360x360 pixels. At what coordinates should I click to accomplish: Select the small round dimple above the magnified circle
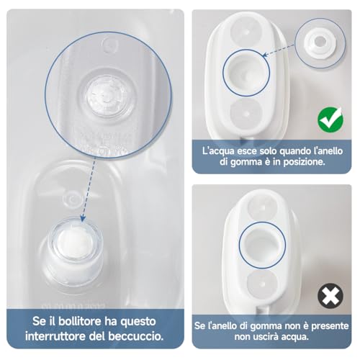point(110,45)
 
